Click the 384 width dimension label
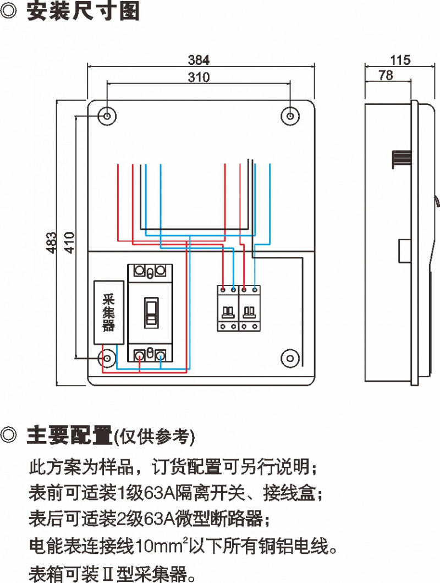tap(199, 59)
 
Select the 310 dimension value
tap(199, 78)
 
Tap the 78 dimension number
tap(386, 75)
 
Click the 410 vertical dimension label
tap(68, 242)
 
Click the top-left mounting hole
tap(107, 116)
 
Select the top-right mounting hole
tap(290, 116)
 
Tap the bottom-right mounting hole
tap(290, 358)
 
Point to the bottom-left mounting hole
tap(107, 358)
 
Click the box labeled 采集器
tap(108, 313)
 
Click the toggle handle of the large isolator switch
tap(151, 312)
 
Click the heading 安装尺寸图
tap(83, 12)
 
